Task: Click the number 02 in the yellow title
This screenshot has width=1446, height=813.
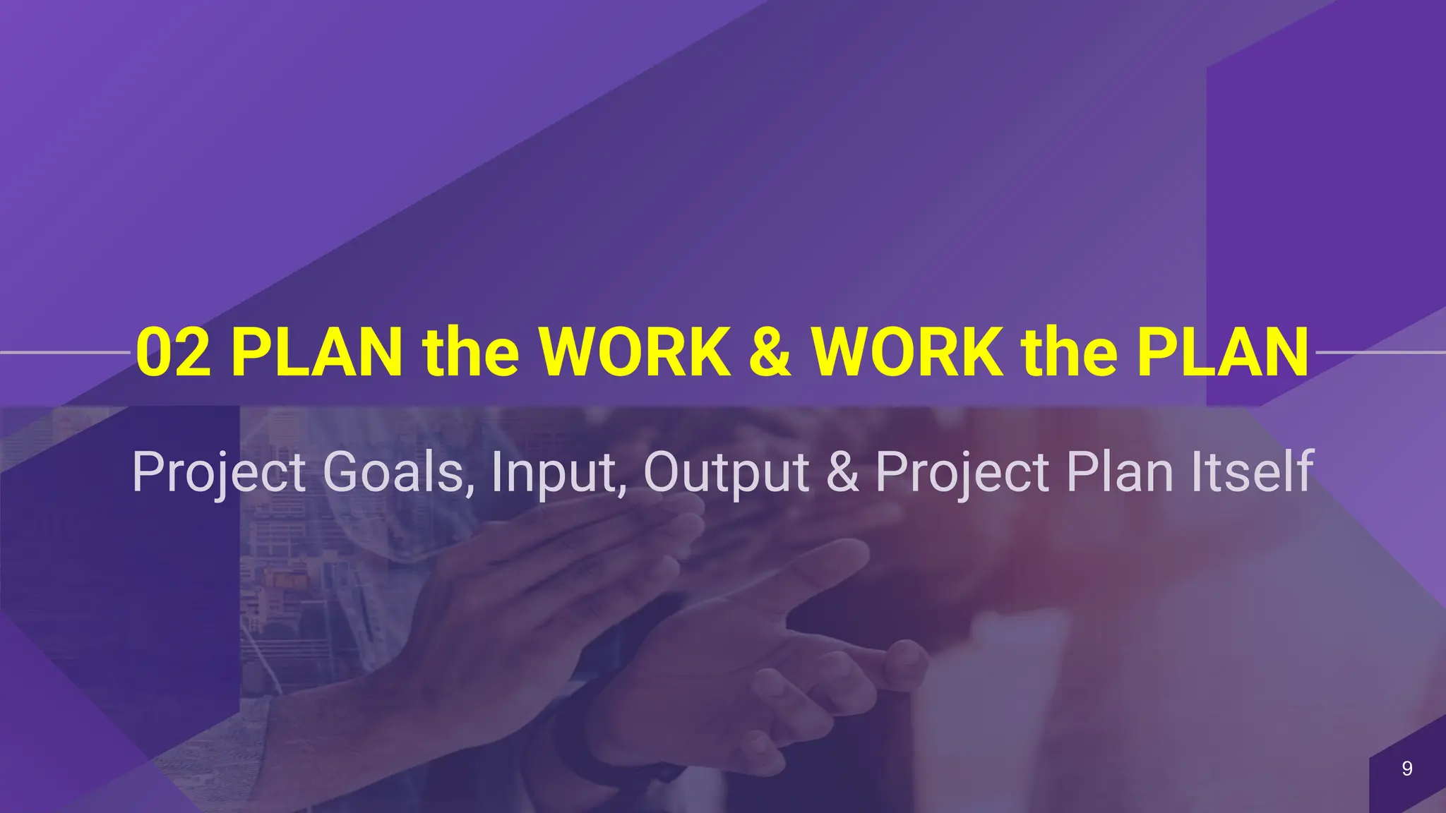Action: coord(173,353)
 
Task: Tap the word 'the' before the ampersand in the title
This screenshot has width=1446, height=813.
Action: coord(471,353)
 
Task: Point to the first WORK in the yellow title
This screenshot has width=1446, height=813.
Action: coord(635,353)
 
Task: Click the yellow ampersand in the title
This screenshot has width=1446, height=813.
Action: coord(770,353)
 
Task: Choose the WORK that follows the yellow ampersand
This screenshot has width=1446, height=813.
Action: coord(907,353)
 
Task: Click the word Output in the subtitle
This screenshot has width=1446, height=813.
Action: coord(726,473)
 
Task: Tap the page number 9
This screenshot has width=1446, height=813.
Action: coord(1406,769)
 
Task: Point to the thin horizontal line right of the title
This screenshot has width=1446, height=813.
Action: coord(1380,351)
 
